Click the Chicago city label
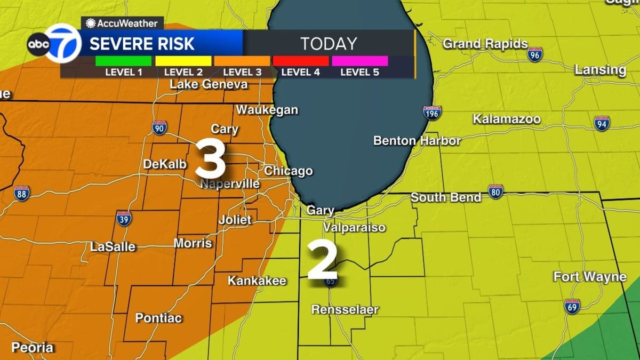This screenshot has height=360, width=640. click(289, 171)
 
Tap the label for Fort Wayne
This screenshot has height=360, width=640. click(589, 277)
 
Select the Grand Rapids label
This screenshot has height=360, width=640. click(485, 44)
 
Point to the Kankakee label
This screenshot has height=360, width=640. click(257, 281)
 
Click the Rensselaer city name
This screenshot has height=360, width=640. click(345, 309)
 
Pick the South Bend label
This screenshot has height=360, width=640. click(446, 197)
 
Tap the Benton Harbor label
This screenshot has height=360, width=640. click(417, 141)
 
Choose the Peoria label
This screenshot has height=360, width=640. click(33, 347)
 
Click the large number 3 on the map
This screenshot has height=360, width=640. click(210, 158)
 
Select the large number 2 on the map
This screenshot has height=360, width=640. click(322, 260)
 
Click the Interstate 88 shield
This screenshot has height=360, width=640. click(22, 193)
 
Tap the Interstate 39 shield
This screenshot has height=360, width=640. click(124, 218)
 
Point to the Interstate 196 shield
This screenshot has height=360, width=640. click(432, 113)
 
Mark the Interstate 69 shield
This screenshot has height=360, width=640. click(572, 306)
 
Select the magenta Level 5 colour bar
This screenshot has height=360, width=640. click(359, 61)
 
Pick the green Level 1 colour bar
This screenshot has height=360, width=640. click(123, 61)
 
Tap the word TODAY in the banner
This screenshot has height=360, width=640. click(328, 44)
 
